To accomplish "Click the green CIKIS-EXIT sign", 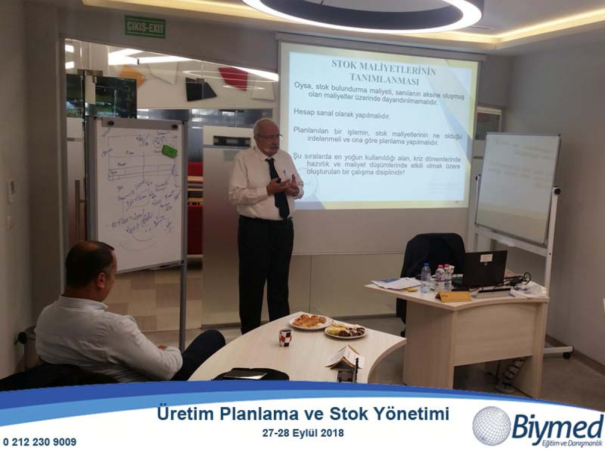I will pos(145,27).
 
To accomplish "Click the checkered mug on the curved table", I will pos(285,336).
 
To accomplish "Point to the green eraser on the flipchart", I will pos(169,151).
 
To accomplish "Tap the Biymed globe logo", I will pos(491,426).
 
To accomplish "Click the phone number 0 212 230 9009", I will pos(40,442).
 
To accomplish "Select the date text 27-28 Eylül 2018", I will pos(303,433).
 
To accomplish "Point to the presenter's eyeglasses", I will pos(270,136).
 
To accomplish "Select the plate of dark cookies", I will pos(346,331).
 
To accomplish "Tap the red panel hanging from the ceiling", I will pos(233,78).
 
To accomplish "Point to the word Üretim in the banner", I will pos(186,414).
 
